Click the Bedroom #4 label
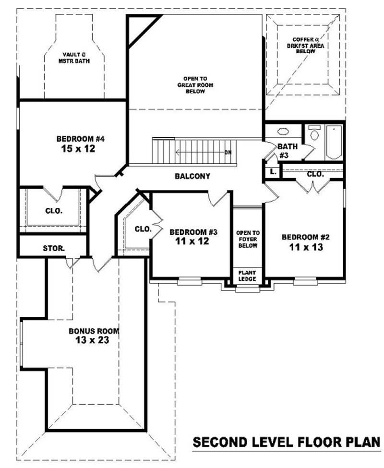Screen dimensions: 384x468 (x=80, y=139)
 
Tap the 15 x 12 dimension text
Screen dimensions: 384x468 (x=78, y=148)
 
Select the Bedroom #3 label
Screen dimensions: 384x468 (x=193, y=232)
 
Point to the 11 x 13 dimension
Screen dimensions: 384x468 (x=306, y=247)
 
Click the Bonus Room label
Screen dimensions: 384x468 (x=94, y=331)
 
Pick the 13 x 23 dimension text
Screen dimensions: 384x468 (x=92, y=340)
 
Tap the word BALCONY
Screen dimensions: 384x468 (x=192, y=176)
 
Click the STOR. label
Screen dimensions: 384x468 (x=54, y=248)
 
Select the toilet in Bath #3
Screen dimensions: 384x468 (x=314, y=133)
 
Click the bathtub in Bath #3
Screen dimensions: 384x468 (x=334, y=142)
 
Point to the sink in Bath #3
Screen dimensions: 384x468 (x=283, y=132)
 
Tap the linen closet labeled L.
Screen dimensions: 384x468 (x=273, y=172)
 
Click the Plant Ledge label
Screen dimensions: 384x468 (x=247, y=276)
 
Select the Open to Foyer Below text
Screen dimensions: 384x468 (x=248, y=239)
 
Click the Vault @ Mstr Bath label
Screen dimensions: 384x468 (x=74, y=58)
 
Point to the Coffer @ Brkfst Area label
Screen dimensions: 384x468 (x=306, y=46)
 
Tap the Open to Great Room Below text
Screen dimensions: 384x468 (x=195, y=85)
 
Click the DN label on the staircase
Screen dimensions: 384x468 (x=228, y=153)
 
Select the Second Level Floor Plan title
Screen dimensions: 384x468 (x=287, y=442)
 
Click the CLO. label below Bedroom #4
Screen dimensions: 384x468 (x=54, y=211)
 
